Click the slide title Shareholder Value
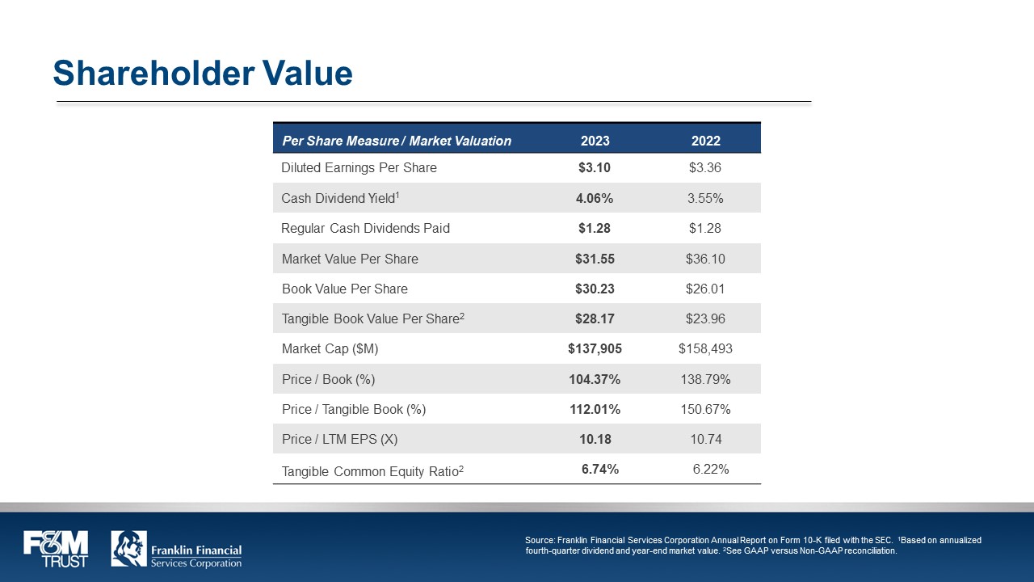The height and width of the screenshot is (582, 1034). click(203, 74)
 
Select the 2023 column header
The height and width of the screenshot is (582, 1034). click(595, 141)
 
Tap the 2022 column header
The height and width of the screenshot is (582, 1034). click(705, 141)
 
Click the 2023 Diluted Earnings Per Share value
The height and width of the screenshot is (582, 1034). click(595, 168)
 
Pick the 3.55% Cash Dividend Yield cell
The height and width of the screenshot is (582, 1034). click(705, 198)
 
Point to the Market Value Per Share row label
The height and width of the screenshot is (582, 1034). click(350, 259)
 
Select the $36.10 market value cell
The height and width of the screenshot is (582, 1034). click(705, 259)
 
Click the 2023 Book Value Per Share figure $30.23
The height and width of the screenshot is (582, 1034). click(595, 289)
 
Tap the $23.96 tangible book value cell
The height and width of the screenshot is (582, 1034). click(705, 319)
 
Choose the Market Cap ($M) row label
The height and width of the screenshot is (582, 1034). click(330, 349)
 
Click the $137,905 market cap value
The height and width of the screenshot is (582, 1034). click(595, 349)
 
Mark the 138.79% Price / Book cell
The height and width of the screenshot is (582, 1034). click(705, 379)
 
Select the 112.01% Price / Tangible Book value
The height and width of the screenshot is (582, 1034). click(595, 410)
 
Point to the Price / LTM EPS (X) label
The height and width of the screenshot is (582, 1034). click(339, 440)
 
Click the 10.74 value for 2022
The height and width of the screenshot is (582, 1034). click(705, 440)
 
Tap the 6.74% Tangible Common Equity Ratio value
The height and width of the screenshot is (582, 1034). click(600, 470)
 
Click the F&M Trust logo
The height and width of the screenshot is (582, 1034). click(56, 549)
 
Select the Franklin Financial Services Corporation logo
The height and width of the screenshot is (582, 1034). click(176, 550)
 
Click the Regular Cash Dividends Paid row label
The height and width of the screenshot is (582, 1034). click(365, 229)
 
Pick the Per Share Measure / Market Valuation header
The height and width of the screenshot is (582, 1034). click(397, 141)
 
